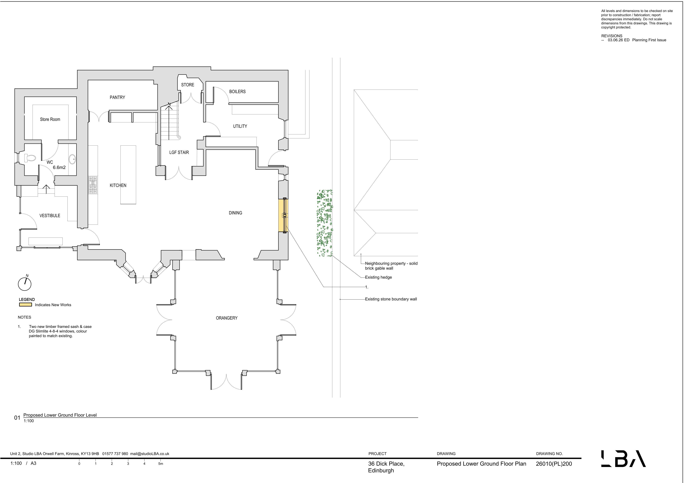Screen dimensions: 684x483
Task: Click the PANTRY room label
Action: pyautogui.click(x=117, y=97)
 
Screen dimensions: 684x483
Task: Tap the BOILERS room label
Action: pyautogui.click(x=237, y=91)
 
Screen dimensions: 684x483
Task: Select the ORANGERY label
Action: pyautogui.click(x=227, y=318)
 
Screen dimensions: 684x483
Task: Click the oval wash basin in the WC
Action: pyautogui.click(x=72, y=159)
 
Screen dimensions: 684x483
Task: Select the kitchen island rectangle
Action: pyautogui.click(x=128, y=175)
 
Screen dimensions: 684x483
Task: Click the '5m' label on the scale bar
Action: pyautogui.click(x=161, y=464)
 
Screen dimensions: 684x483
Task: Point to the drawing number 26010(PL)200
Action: pyautogui.click(x=554, y=464)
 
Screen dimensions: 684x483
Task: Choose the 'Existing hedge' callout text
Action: pyautogui.click(x=378, y=277)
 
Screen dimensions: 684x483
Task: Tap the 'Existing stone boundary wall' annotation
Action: pyautogui.click(x=391, y=299)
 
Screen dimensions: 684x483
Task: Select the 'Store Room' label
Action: pyautogui.click(x=50, y=119)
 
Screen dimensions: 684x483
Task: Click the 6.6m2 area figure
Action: pyautogui.click(x=59, y=168)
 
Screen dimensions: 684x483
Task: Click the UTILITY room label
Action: pyautogui.click(x=240, y=126)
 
